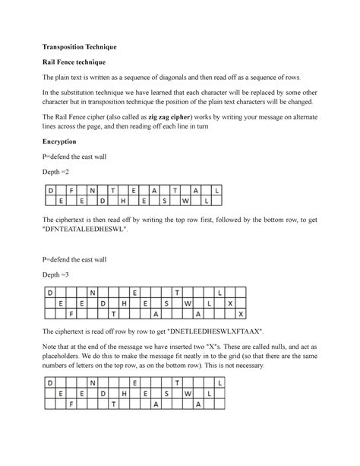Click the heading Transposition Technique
coord(81,46)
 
